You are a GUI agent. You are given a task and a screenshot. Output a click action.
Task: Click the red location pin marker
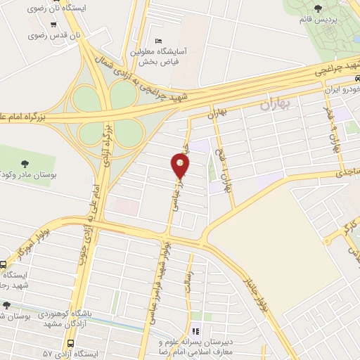click(x=180, y=166)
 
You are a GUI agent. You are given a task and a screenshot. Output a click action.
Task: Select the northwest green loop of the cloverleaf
click(x=87, y=94)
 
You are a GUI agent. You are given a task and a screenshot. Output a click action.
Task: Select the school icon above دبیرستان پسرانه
click(x=196, y=331)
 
